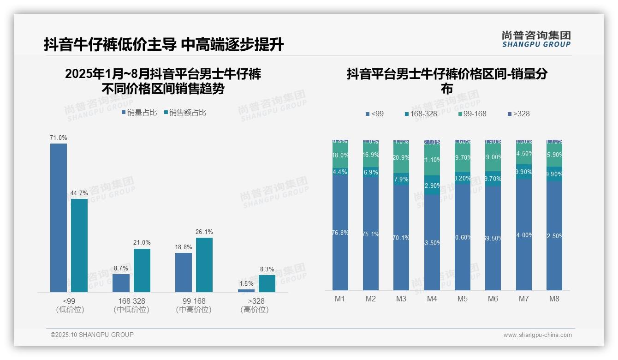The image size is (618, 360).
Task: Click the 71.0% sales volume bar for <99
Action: tap(59, 217)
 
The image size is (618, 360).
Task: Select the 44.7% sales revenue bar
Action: tap(79, 245)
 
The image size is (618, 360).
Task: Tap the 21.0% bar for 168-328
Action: tap(142, 270)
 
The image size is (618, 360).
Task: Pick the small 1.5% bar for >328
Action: tap(246, 291)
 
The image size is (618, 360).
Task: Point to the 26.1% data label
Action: tap(204, 232)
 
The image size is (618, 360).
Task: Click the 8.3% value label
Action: tap(267, 270)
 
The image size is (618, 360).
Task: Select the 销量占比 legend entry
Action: tap(139, 113)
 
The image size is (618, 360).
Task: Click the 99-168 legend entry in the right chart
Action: tap(473, 114)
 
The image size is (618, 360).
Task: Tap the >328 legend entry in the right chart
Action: tap(518, 114)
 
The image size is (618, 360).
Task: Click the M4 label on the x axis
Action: tap(432, 299)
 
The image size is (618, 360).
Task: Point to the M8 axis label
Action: tap(554, 299)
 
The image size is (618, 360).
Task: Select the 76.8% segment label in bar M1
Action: tap(340, 233)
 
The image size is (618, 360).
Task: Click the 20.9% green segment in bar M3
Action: tap(401, 157)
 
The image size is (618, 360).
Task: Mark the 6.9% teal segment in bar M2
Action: tap(371, 172)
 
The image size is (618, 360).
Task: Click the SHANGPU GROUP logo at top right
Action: tap(536, 39)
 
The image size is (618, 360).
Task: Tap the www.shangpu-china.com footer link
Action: tap(537, 335)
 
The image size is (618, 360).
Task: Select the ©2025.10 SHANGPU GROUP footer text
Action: tap(92, 335)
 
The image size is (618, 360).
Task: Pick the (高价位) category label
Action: tap(255, 310)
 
